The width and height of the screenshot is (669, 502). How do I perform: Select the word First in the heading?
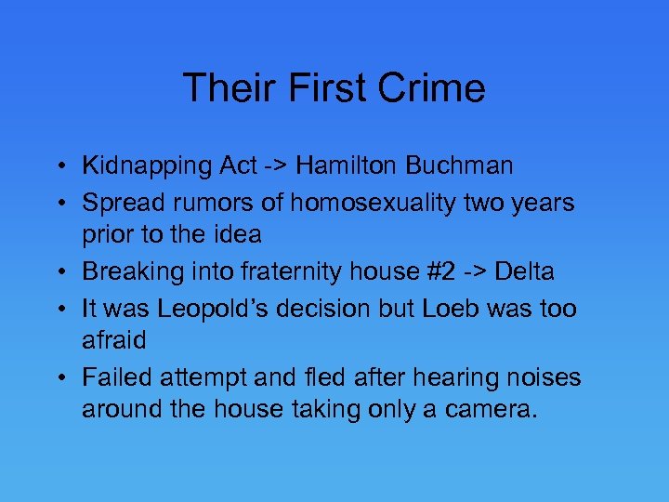(325, 88)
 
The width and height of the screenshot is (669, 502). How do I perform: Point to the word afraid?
(114, 341)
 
